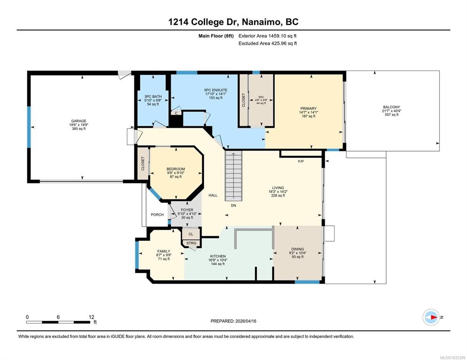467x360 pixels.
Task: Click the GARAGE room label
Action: click(x=78, y=121)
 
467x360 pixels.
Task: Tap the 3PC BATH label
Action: click(x=153, y=97)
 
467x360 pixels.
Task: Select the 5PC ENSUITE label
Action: click(x=216, y=90)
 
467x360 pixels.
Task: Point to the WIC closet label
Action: click(x=261, y=97)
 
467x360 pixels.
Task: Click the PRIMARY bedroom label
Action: click(x=308, y=108)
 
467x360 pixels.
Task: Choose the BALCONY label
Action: click(x=391, y=107)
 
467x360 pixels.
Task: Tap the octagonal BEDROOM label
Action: click(x=175, y=169)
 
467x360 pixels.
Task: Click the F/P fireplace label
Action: click(x=301, y=161)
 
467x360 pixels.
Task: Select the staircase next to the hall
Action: click(x=233, y=176)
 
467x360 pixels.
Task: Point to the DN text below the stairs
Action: click(x=233, y=205)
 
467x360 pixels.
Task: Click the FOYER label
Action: click(x=187, y=210)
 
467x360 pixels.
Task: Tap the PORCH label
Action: click(x=157, y=214)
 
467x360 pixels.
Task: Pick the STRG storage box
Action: click(x=192, y=243)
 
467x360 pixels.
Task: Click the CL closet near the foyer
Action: click(x=191, y=234)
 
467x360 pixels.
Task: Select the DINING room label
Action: click(x=297, y=249)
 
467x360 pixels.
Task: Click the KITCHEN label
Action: click(x=218, y=256)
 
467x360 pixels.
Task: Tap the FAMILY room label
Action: click(x=163, y=251)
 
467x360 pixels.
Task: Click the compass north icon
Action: click(x=431, y=317)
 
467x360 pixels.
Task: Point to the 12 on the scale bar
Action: click(x=91, y=317)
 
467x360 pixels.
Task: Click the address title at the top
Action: click(x=233, y=22)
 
